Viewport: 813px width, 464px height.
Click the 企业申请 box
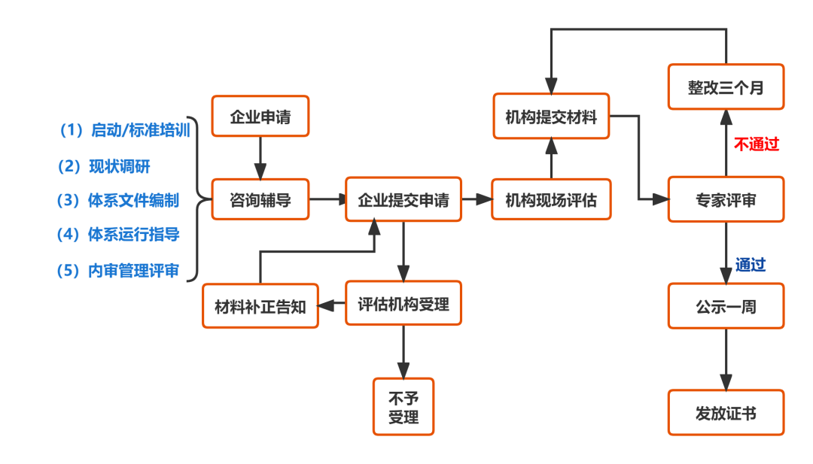pyautogui.click(x=260, y=117)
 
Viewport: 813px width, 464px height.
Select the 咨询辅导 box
pyautogui.click(x=260, y=199)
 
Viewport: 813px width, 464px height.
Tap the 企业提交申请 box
pyautogui.click(x=403, y=200)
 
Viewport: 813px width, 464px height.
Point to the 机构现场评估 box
pyautogui.click(x=551, y=199)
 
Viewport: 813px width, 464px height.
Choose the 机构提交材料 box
pyautogui.click(x=551, y=117)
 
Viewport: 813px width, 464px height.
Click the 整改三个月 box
pyautogui.click(x=726, y=87)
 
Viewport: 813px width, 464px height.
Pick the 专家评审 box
pyautogui.click(x=726, y=199)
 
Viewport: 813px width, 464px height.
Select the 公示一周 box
pyautogui.click(x=726, y=306)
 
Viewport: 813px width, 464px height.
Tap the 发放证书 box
pyautogui.click(x=726, y=413)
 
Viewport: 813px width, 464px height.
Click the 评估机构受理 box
pyautogui.click(x=403, y=303)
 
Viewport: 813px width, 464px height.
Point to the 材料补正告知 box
pyautogui.click(x=260, y=306)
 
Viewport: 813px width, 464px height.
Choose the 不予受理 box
pyautogui.click(x=403, y=407)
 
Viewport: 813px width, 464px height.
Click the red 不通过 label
pyautogui.click(x=757, y=144)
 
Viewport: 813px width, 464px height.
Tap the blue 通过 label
pyautogui.click(x=751, y=264)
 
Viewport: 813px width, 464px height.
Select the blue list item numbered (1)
pyautogui.click(x=125, y=130)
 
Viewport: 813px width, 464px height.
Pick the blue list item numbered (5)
pyautogui.click(x=119, y=271)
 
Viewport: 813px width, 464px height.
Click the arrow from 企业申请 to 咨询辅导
pyautogui.click(x=260, y=158)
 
